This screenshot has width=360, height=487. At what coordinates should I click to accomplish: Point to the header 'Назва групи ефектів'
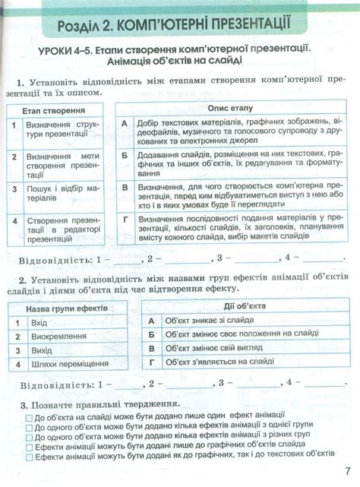click(x=67, y=309)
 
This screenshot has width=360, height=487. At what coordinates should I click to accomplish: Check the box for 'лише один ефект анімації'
click(x=29, y=418)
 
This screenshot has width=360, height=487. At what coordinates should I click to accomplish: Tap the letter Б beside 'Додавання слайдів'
click(x=124, y=154)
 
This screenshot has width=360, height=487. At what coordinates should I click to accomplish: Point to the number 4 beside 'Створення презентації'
click(x=14, y=221)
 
